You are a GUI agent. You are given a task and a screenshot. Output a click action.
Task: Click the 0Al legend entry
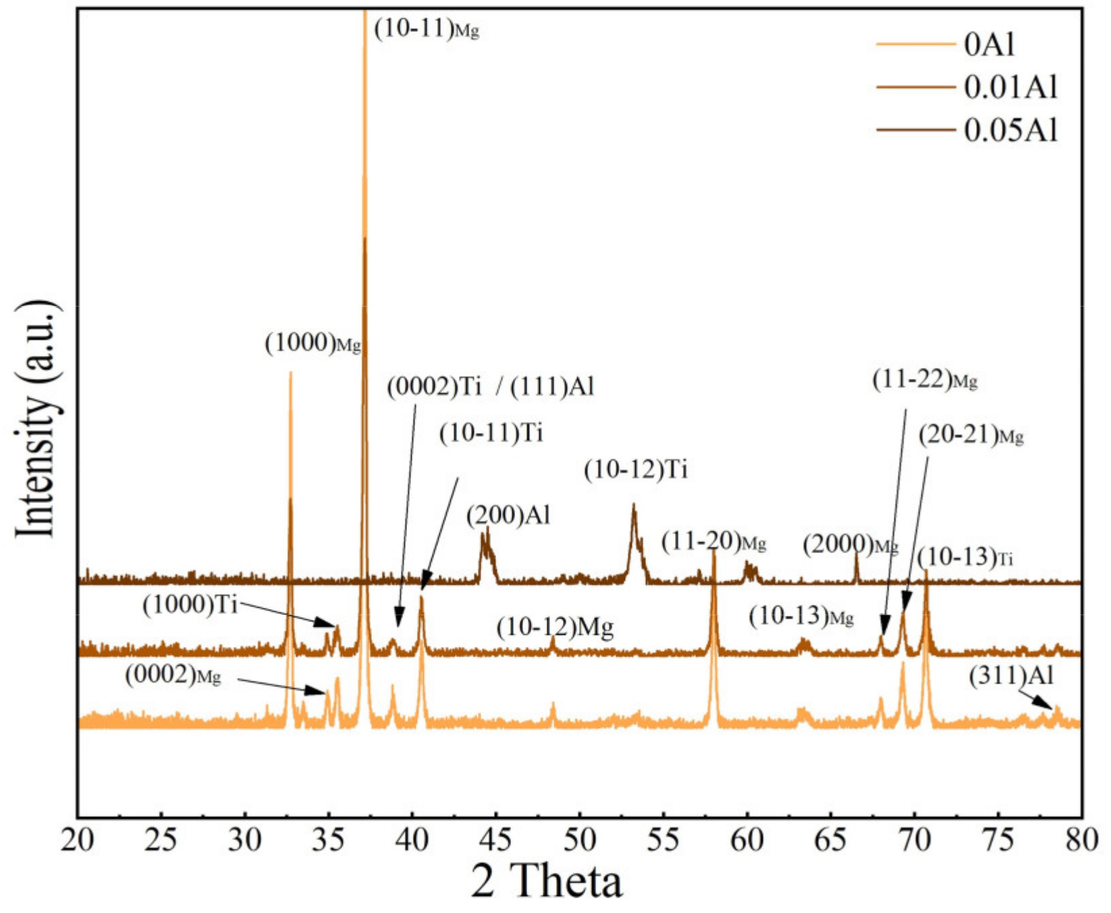click(990, 45)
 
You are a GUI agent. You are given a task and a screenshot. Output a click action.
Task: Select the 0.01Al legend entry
click(1010, 87)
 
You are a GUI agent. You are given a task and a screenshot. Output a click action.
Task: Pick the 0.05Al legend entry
click(1010, 130)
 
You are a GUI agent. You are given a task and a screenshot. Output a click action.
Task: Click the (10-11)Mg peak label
click(427, 29)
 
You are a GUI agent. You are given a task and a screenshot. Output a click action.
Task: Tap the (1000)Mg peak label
click(313, 343)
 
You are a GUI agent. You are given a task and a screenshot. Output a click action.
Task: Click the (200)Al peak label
click(508, 516)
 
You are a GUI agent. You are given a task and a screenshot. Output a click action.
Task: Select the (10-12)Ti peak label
click(636, 469)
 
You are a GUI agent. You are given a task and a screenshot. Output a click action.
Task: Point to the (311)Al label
click(1011, 675)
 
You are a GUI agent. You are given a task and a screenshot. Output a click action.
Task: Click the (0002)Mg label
click(173, 675)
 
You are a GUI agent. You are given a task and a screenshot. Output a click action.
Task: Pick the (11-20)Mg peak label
click(713, 542)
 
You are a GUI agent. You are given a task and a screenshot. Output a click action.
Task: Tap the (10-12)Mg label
click(555, 628)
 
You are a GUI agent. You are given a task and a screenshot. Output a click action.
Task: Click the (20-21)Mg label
click(971, 436)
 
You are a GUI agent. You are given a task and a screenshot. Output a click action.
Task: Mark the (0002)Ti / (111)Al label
click(491, 387)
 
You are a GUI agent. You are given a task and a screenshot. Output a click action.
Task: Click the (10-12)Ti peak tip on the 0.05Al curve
click(633, 504)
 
